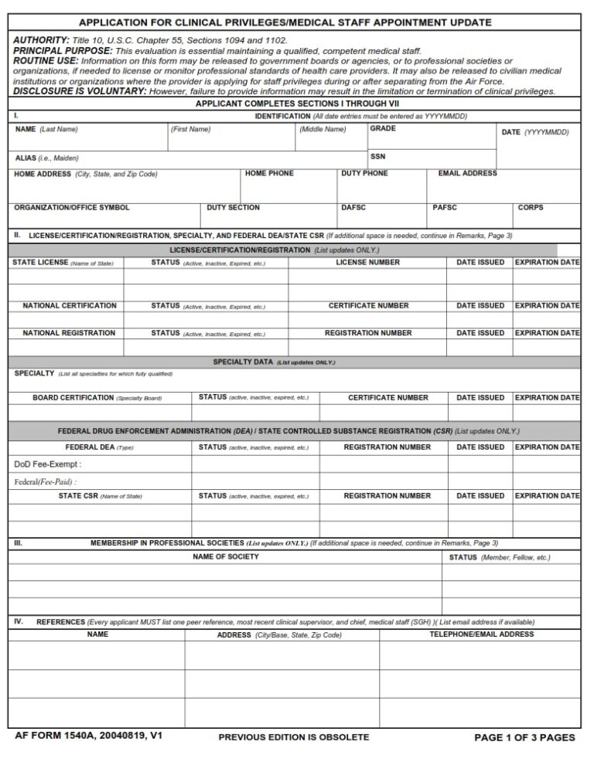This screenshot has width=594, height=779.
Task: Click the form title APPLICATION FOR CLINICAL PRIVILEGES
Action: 285,22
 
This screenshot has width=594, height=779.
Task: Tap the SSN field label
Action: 377,157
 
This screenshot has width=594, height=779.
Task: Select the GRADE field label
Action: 383,128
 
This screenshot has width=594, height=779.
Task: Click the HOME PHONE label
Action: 269,174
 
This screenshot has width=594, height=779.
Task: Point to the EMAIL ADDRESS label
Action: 467,174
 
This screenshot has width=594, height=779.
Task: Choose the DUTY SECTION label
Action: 233,208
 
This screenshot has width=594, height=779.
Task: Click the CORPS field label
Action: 531,208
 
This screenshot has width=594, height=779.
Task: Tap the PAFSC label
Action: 445,208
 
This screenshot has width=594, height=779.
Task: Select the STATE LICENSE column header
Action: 40,263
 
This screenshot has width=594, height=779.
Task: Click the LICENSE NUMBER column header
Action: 367,263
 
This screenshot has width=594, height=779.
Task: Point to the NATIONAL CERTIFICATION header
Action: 70,306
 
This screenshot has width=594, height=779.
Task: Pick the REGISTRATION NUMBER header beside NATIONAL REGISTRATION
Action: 368,333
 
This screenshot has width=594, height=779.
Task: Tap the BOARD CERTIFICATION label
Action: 73,398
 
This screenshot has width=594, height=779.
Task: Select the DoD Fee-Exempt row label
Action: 47,464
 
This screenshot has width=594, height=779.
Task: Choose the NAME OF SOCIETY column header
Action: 226,557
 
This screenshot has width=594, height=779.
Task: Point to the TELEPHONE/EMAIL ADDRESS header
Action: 481,634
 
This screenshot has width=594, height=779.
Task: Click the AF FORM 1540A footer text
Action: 88,736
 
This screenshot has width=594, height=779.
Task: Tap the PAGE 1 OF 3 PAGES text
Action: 524,737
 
